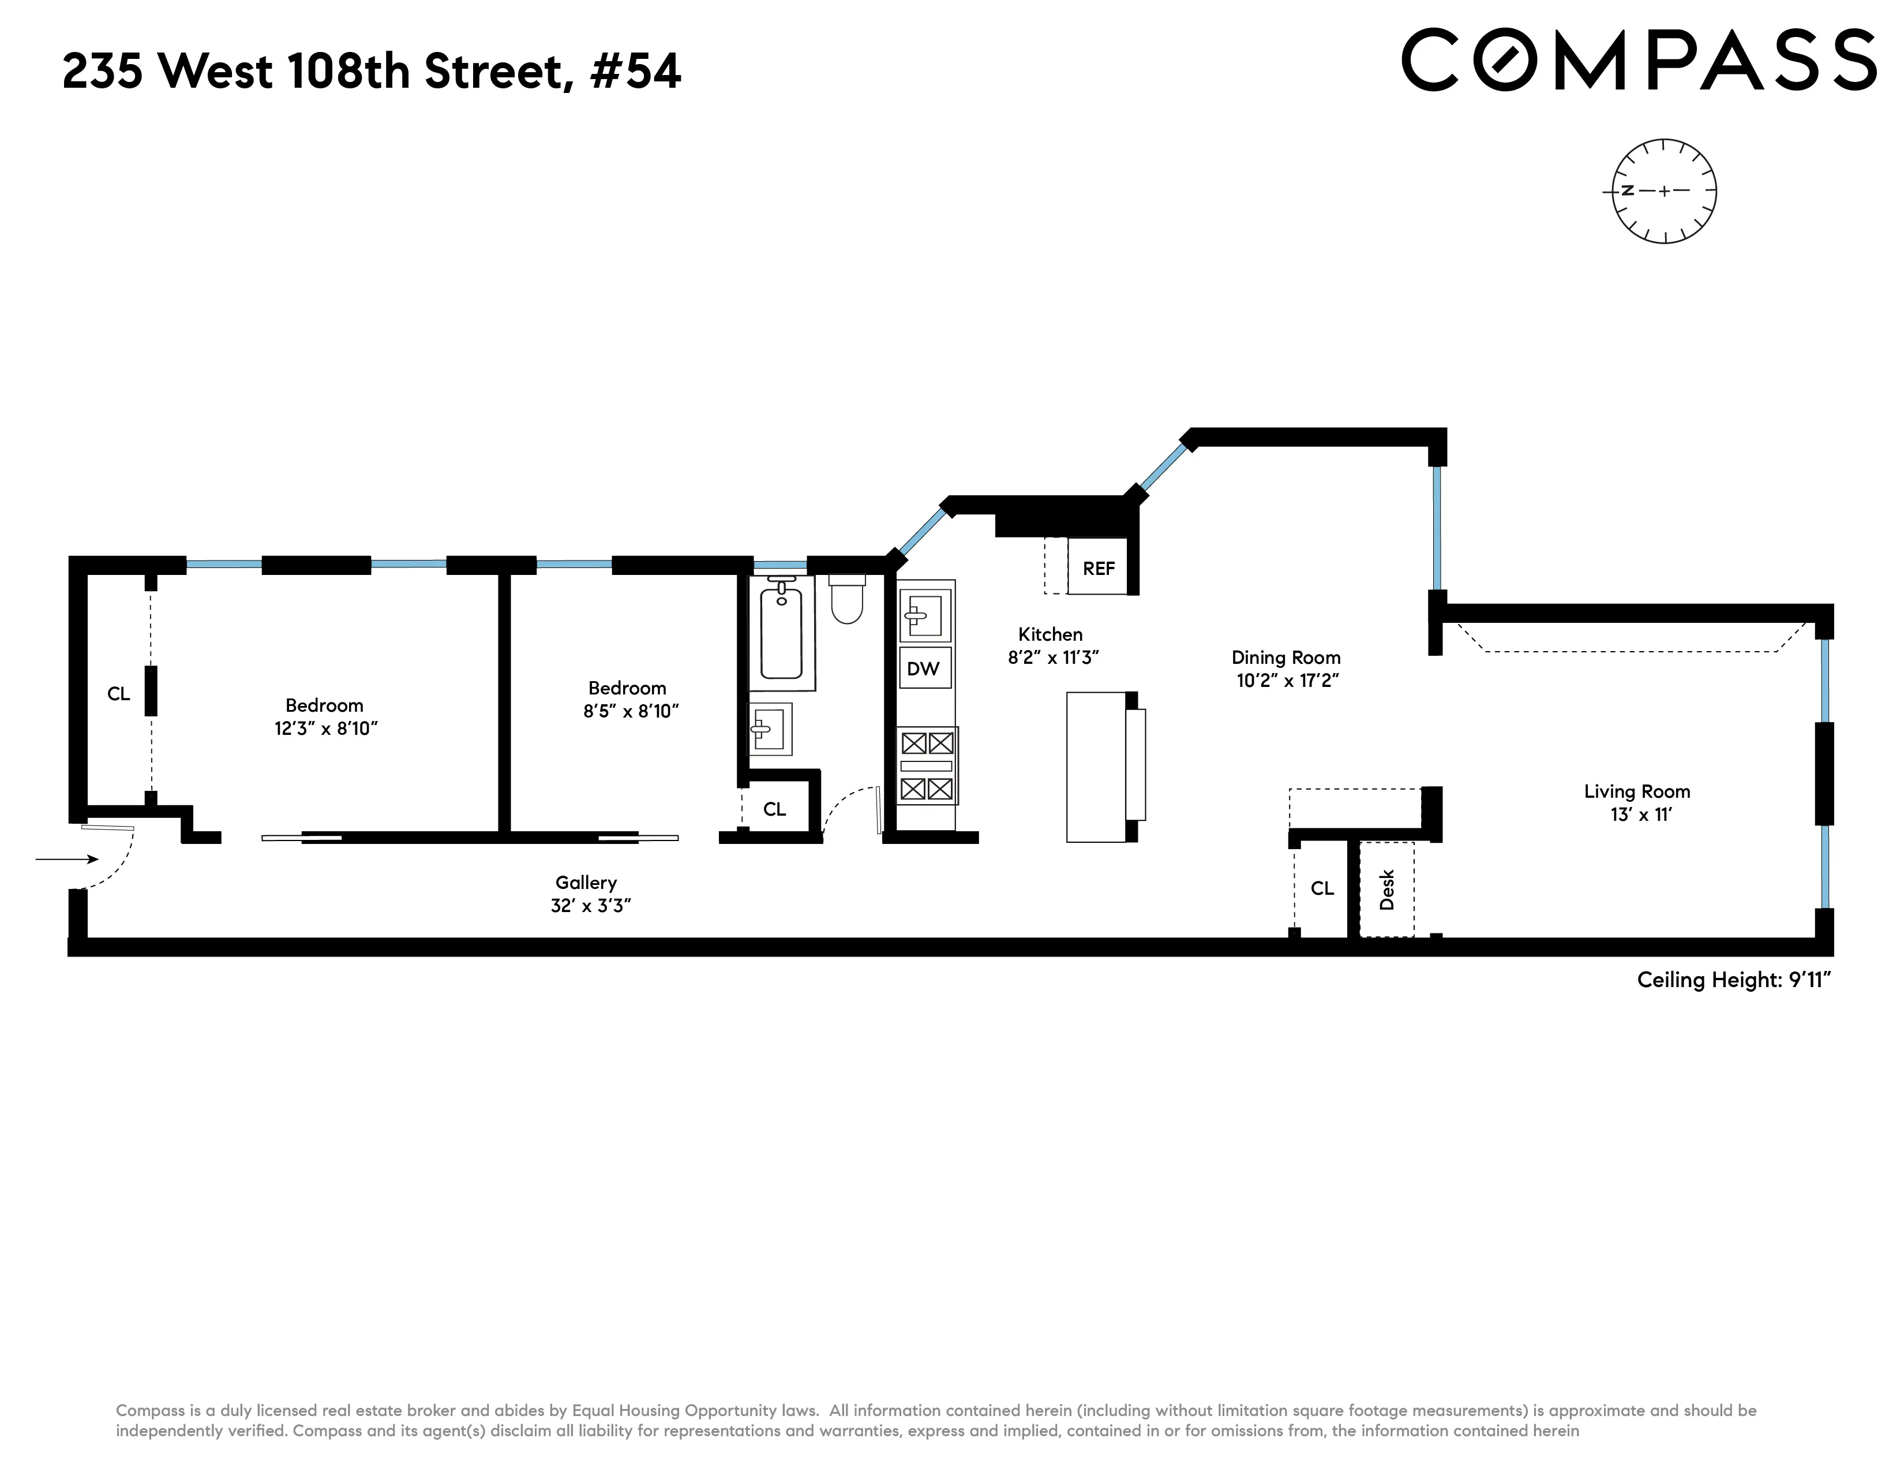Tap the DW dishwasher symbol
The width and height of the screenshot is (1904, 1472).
point(924,669)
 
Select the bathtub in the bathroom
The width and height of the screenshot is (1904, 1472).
point(781,632)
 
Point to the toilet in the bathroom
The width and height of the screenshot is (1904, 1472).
point(846,600)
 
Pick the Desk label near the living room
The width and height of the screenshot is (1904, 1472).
point(1387,890)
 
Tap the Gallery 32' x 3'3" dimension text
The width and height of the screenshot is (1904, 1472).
point(590,905)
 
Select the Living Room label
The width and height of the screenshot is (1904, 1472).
point(1636,792)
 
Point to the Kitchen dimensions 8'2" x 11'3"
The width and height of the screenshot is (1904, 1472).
point(1052,657)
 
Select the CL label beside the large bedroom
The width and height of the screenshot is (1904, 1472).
point(118,693)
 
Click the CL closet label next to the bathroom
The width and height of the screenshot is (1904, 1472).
point(774,809)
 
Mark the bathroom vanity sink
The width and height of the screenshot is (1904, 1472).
point(770,728)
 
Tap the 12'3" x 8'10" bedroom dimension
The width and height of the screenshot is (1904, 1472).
point(326,728)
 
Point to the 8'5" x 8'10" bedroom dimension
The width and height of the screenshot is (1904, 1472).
point(630,711)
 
